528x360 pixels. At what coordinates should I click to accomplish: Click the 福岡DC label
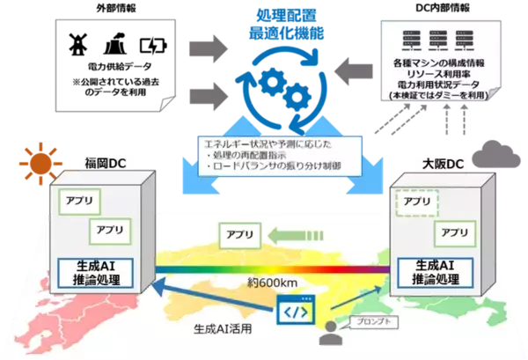point(80,163)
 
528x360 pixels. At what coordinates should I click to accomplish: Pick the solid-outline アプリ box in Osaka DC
point(454,232)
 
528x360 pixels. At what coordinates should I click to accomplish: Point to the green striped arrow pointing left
point(297,235)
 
